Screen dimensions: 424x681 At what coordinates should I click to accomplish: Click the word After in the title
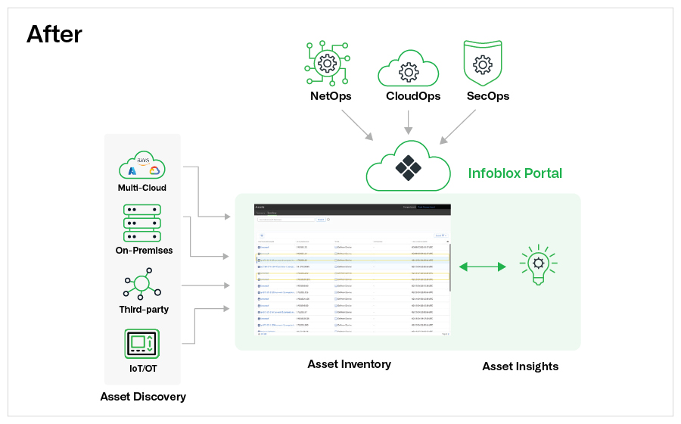pyautogui.click(x=54, y=34)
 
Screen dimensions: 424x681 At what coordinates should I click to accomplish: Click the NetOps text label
pyautogui.click(x=331, y=96)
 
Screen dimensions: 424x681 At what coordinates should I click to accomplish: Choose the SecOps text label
pyautogui.click(x=488, y=96)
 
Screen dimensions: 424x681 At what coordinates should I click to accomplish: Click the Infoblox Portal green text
pyautogui.click(x=515, y=173)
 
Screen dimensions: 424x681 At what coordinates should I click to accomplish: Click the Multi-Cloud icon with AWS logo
pyautogui.click(x=142, y=166)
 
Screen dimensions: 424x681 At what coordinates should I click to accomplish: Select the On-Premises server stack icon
pyautogui.click(x=142, y=221)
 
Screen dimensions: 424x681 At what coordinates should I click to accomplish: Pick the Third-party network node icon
pyautogui.click(x=142, y=285)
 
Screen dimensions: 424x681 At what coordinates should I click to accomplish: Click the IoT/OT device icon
pyautogui.click(x=142, y=344)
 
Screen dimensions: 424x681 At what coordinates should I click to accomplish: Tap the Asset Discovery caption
pyautogui.click(x=143, y=396)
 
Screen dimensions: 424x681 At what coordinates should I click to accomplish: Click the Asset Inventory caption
pyautogui.click(x=349, y=364)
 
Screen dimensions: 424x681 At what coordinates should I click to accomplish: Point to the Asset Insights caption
pyautogui.click(x=521, y=366)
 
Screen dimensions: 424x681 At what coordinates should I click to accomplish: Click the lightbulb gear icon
pyautogui.click(x=538, y=265)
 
